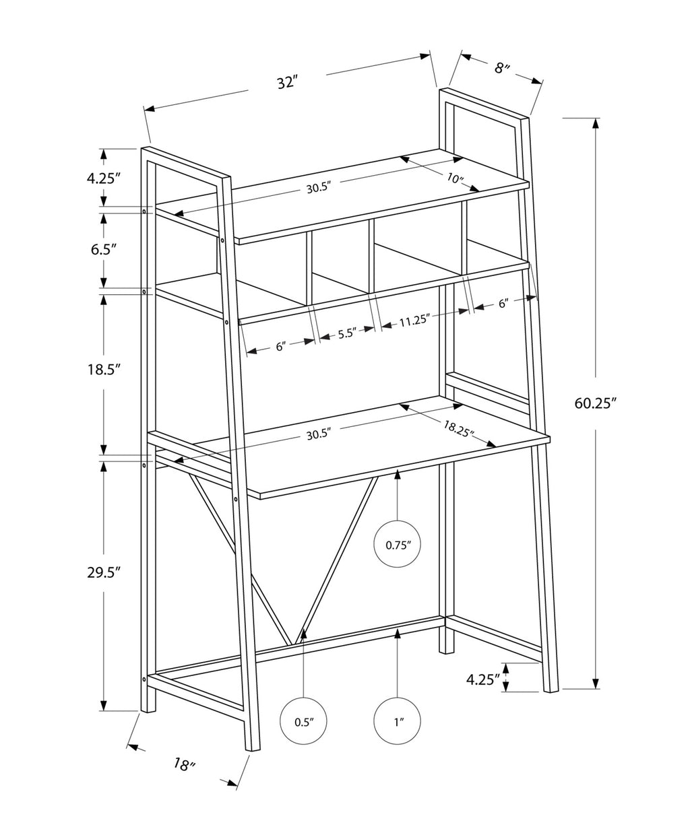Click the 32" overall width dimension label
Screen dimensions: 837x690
click(x=287, y=83)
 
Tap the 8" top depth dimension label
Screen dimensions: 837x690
click(x=503, y=67)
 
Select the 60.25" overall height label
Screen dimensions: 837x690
click(x=596, y=403)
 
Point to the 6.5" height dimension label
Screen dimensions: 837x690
click(x=103, y=248)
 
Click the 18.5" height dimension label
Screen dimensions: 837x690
click(x=103, y=370)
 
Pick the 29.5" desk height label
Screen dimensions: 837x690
click(x=103, y=572)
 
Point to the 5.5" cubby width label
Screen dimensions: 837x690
click(x=346, y=334)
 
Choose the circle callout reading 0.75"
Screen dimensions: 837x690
click(x=398, y=545)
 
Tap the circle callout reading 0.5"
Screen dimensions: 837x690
click(x=304, y=722)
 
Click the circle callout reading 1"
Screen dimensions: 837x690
click(x=398, y=722)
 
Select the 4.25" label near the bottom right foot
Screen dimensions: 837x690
click(x=482, y=679)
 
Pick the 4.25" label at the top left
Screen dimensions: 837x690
click(x=103, y=178)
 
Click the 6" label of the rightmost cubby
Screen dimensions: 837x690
click(x=504, y=304)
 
